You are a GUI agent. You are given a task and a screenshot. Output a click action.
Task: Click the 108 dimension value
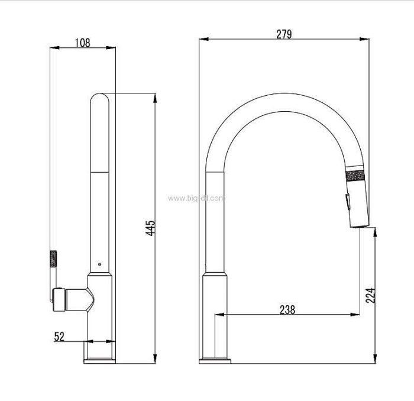tap(83, 43)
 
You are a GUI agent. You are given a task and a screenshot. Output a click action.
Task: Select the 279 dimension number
tap(284, 34)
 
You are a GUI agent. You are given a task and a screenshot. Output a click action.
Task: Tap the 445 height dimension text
tap(151, 228)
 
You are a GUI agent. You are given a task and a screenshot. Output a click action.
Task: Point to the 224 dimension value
tap(370, 295)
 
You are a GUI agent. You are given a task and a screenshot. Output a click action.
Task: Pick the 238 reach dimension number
tap(287, 310)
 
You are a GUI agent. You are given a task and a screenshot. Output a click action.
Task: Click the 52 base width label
tap(59, 337)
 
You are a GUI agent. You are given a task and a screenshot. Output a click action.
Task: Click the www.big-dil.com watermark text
tap(196, 198)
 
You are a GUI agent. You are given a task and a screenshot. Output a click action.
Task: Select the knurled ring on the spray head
tap(355, 176)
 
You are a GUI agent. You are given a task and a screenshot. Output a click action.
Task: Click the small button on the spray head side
tap(348, 202)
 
